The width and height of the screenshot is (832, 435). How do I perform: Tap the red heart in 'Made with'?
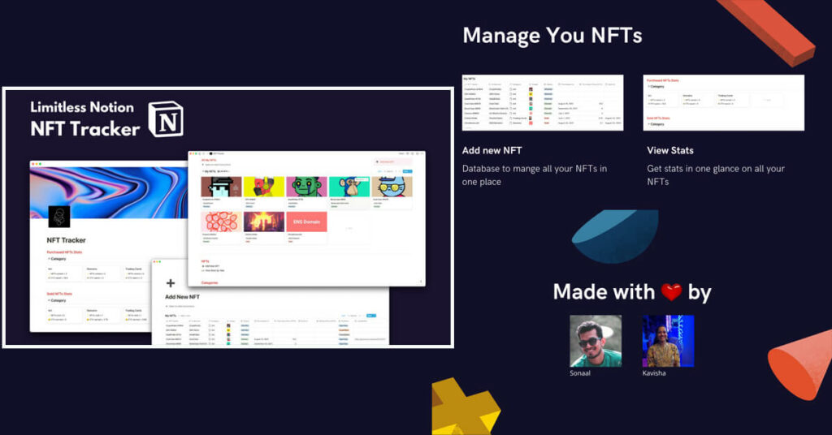(671, 292)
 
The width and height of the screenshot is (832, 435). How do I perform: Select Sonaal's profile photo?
(596, 341)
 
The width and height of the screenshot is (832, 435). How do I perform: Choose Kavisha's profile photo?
(668, 341)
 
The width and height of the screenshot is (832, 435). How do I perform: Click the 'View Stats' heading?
(670, 150)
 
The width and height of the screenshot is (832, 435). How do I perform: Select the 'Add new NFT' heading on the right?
(492, 150)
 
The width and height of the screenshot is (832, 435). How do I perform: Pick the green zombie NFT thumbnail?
(306, 187)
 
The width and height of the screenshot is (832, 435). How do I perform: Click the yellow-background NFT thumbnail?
(264, 187)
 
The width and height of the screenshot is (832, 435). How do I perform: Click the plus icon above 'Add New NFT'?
(171, 283)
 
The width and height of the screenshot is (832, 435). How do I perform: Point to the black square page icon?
(58, 217)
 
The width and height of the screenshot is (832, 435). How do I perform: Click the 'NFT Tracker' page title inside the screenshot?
(67, 240)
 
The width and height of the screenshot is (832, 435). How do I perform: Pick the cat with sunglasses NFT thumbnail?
(392, 187)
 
